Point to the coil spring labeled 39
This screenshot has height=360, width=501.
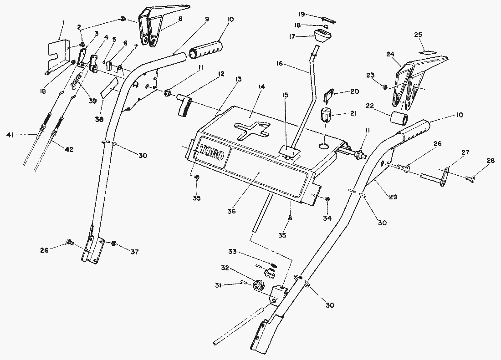77,84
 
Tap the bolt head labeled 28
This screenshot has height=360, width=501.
470,180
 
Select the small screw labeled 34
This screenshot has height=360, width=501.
328,200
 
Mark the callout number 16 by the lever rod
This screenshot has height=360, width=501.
279,64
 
